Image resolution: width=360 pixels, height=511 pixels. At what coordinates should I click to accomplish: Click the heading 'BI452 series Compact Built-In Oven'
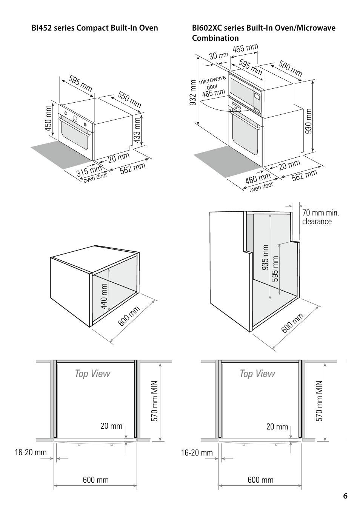(x=95, y=28)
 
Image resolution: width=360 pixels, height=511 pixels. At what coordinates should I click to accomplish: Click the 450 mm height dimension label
(x=48, y=119)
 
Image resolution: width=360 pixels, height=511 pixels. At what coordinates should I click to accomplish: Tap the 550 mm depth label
(x=129, y=100)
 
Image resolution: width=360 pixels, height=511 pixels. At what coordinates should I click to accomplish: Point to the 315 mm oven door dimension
(x=89, y=172)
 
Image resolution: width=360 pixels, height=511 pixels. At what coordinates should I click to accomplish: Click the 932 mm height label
(x=193, y=92)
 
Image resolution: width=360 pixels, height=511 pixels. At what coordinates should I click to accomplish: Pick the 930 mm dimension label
(x=309, y=121)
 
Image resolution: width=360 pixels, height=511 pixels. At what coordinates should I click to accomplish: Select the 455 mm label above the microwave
(x=245, y=49)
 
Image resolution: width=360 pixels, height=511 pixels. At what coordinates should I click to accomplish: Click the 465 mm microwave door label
(x=213, y=93)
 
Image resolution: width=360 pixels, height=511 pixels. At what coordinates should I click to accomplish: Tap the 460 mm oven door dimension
(x=258, y=179)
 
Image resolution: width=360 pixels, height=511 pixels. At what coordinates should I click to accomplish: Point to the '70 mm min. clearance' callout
(x=320, y=217)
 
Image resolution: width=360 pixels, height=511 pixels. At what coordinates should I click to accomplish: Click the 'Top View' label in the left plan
(x=92, y=374)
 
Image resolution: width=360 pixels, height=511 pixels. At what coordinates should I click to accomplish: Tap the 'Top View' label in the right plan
(x=257, y=374)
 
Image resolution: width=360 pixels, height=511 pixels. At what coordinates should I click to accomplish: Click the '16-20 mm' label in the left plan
(x=31, y=452)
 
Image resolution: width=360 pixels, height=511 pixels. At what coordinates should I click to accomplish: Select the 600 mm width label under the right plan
(x=260, y=480)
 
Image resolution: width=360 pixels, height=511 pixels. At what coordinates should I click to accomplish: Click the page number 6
(x=345, y=496)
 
